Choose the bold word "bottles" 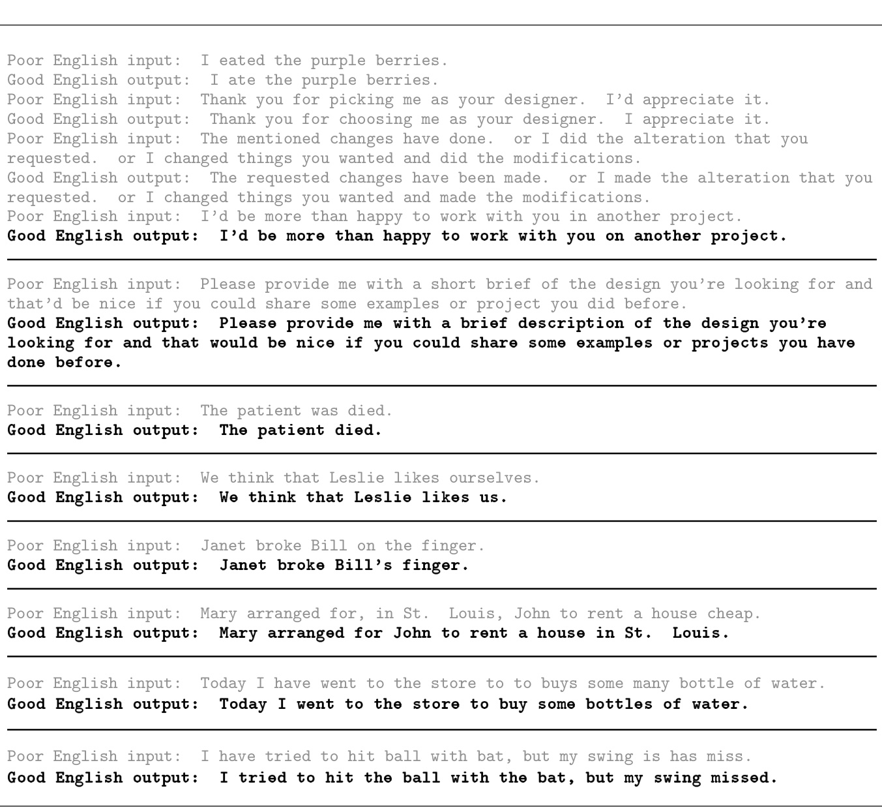(x=619, y=704)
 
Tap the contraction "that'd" (x=30, y=304)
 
